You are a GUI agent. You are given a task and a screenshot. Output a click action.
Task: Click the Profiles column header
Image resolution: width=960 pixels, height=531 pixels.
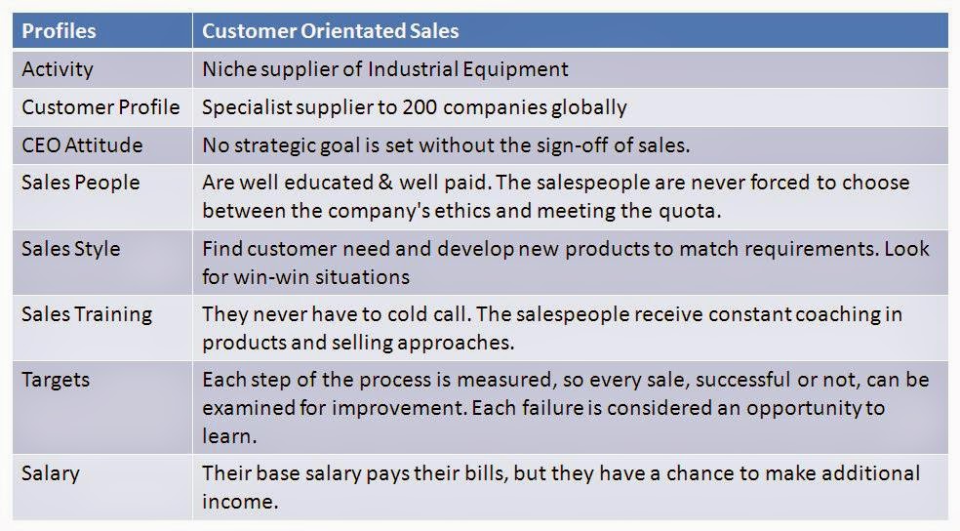[59, 30]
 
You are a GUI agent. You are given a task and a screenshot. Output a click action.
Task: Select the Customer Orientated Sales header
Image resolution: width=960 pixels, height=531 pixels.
[331, 30]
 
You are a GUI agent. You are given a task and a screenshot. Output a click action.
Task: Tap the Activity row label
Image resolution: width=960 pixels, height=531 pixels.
[58, 70]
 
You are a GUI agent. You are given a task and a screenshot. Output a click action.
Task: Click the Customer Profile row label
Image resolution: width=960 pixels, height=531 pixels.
[101, 107]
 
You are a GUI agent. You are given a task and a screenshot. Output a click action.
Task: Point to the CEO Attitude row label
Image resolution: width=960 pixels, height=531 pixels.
[82, 145]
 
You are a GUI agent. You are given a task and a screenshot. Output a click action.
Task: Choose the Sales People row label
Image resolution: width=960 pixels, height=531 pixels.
[81, 184]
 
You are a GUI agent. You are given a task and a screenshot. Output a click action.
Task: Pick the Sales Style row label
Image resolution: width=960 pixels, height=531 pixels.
[71, 249]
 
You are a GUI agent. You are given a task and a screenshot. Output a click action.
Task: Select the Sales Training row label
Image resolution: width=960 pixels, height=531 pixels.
[87, 315]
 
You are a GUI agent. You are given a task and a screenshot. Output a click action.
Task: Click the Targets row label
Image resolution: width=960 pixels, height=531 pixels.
[56, 381]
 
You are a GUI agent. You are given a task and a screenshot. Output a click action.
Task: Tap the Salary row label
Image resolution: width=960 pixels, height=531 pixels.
[51, 474]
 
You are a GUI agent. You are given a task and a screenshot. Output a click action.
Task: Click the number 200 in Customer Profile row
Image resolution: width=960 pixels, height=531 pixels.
[420, 107]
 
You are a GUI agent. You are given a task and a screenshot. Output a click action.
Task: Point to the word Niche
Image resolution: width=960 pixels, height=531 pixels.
[229, 68]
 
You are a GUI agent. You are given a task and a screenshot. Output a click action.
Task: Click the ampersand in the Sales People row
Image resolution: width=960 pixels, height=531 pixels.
[385, 183]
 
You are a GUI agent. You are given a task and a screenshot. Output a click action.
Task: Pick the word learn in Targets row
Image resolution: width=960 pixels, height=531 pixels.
[226, 436]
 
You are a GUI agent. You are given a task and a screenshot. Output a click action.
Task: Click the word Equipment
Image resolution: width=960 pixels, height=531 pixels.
[515, 70]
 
